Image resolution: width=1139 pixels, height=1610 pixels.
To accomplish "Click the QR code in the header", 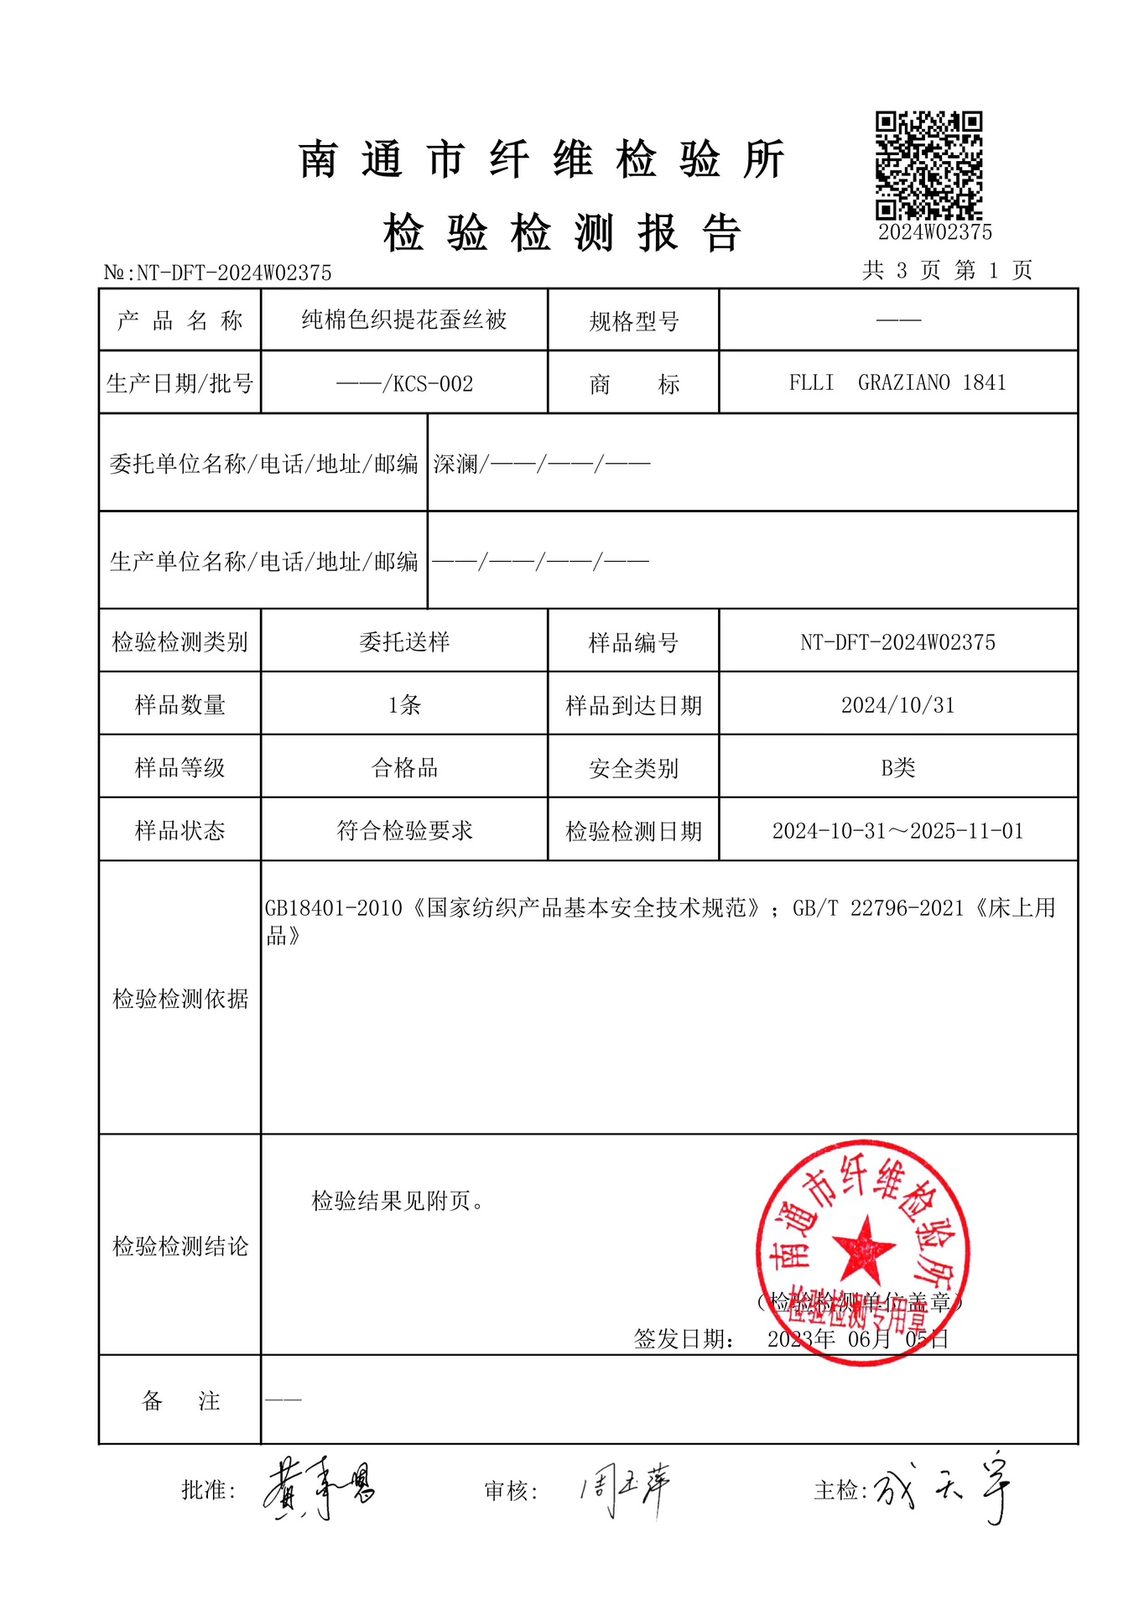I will [928, 165].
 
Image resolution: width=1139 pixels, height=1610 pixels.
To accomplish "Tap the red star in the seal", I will [864, 1248].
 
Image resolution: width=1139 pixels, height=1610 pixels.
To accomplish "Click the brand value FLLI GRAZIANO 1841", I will [897, 383].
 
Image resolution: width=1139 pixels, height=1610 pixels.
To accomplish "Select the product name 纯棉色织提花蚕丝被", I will [404, 319].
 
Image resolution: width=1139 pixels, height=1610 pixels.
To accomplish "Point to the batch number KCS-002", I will [433, 384].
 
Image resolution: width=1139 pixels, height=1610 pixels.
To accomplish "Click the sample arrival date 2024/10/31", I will [897, 705].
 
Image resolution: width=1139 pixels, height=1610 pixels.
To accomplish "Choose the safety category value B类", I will [897, 768].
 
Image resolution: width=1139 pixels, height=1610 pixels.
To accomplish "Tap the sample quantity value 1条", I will [404, 705].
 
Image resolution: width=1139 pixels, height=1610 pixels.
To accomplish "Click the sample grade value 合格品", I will [404, 768].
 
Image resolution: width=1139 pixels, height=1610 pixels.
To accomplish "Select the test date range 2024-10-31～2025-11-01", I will [897, 831].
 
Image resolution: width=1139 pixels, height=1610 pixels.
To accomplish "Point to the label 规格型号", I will [633, 321].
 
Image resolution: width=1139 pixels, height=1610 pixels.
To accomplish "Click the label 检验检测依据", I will [180, 999].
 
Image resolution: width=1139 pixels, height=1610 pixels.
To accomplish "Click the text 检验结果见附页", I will [398, 1202].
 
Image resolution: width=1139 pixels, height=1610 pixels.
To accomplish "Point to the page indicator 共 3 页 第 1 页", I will [947, 270].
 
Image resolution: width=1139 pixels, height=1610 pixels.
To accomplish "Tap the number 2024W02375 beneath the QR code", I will [934, 232].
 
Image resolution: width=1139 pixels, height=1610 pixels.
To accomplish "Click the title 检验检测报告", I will [562, 232].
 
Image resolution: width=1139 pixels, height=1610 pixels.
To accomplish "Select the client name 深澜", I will [455, 464].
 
